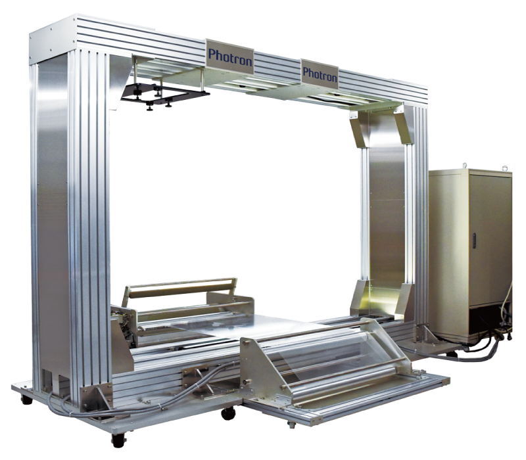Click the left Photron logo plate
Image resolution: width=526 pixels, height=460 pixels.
229,57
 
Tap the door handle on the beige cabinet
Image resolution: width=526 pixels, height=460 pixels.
474,240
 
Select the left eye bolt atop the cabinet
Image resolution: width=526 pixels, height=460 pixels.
465,166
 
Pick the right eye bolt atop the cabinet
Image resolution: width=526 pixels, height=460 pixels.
504,168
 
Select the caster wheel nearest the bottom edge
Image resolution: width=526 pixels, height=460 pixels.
119,440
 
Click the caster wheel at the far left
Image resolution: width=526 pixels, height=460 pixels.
26,399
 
